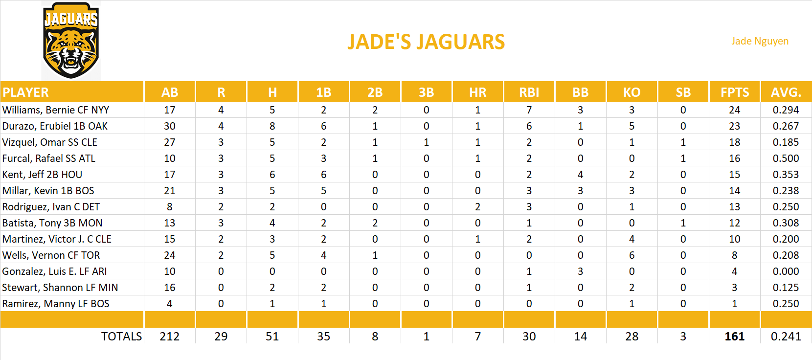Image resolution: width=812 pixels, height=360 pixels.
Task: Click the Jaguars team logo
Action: pos(71,41)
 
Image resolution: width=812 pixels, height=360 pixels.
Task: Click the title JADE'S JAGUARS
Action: pos(426,42)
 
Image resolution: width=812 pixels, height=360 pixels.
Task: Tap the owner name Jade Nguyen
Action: pos(760,41)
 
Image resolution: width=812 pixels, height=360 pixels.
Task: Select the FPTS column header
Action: pos(734,92)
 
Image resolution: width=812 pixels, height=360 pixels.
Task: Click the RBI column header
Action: pos(529,92)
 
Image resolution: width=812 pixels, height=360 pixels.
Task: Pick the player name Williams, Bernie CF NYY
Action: pos(56,110)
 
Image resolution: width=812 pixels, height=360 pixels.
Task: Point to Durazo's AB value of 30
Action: pos(170,126)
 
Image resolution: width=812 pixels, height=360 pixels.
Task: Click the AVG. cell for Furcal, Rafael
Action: pos(786,158)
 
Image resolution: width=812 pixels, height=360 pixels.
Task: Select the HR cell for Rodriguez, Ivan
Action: pos(477,207)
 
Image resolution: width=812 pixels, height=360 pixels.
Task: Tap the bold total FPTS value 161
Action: pos(734,337)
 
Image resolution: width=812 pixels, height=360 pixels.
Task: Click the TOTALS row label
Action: pos(121,337)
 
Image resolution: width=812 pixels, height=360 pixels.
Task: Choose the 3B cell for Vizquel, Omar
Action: pos(426,142)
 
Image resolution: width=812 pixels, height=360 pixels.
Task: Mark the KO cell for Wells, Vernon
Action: pos(632,255)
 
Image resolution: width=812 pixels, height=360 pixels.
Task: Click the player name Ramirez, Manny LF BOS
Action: pos(56,304)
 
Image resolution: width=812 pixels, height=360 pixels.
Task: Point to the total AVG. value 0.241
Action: pos(786,337)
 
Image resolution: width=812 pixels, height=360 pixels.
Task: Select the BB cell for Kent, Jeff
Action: pos(580,175)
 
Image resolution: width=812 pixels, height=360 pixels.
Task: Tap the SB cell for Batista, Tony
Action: pos(683,223)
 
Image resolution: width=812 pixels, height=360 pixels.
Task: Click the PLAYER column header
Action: pos(26,92)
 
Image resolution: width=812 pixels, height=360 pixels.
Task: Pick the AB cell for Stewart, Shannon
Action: pos(170,288)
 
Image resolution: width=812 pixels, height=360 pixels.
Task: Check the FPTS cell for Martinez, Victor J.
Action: pos(734,239)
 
